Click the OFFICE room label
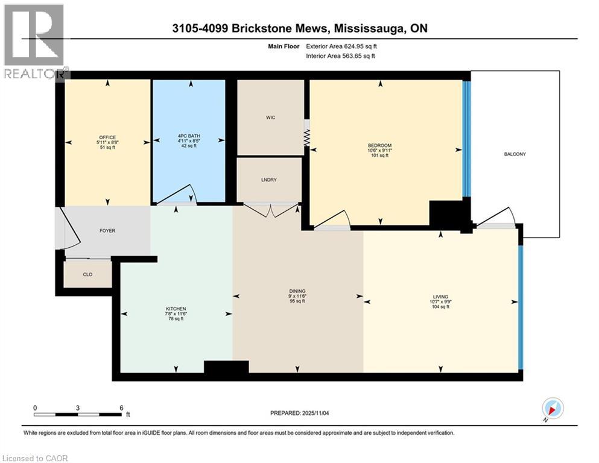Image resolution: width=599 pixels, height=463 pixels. [107, 137]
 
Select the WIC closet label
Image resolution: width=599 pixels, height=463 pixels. [271, 117]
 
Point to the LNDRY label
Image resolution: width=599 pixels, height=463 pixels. [269, 179]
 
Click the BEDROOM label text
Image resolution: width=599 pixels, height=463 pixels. [380, 145]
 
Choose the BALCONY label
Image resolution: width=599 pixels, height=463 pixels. [515, 154]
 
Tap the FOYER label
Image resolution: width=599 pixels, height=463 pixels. [107, 230]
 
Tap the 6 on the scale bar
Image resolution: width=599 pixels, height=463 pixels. [121, 408]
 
